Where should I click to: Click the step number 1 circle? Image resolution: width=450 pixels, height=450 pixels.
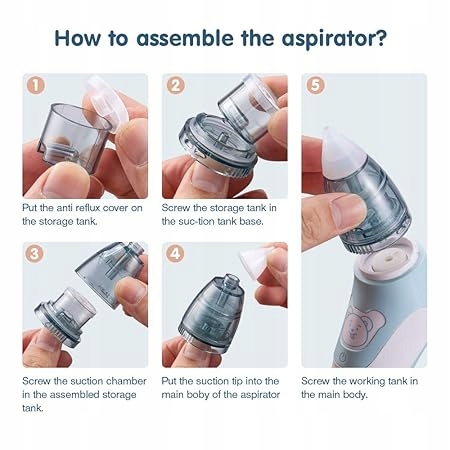click(35, 85)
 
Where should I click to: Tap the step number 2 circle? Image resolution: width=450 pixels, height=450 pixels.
click(175, 85)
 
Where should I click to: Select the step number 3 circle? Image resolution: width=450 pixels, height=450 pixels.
click(35, 254)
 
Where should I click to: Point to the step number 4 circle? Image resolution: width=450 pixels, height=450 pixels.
click(175, 254)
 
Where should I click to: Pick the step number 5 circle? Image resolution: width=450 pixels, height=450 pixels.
click(315, 85)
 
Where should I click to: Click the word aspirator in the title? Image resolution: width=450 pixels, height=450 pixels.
click(334, 39)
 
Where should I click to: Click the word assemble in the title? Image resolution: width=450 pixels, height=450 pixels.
click(185, 38)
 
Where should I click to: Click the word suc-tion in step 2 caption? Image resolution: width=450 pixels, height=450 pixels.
click(202, 221)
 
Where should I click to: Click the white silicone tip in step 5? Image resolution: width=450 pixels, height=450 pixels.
click(341, 151)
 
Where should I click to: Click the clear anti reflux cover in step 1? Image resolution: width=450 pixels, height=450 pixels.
click(105, 103)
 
